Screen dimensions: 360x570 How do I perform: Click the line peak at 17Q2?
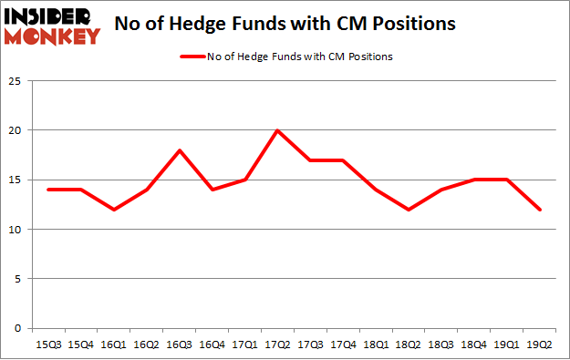(277, 130)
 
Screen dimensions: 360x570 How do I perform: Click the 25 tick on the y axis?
(15, 81)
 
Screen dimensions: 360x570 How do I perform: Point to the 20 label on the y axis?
(15, 130)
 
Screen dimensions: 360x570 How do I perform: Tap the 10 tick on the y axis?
(15, 230)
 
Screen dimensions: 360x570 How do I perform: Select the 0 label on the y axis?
(17, 328)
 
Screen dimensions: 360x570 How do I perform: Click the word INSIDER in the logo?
(49, 15)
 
